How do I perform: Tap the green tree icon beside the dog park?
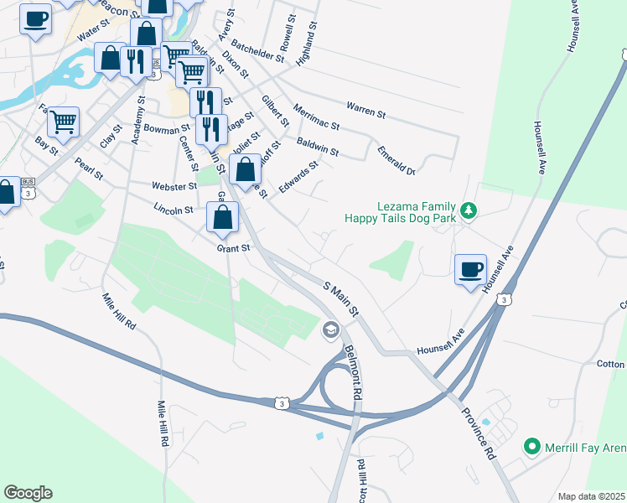[x=469, y=210]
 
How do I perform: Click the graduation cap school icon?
[x=330, y=329]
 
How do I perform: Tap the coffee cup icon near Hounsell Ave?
[x=469, y=268]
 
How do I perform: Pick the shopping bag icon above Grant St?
[x=222, y=218]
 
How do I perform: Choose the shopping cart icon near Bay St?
[x=63, y=122]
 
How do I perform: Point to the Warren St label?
[x=365, y=107]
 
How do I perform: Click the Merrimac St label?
[x=317, y=117]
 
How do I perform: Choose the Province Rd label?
[x=479, y=433]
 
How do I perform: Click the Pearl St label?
[x=88, y=169]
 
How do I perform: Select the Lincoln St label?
[x=174, y=209]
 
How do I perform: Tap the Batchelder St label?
[x=257, y=49]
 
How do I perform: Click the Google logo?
[x=28, y=493]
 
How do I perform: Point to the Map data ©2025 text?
[x=591, y=496]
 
